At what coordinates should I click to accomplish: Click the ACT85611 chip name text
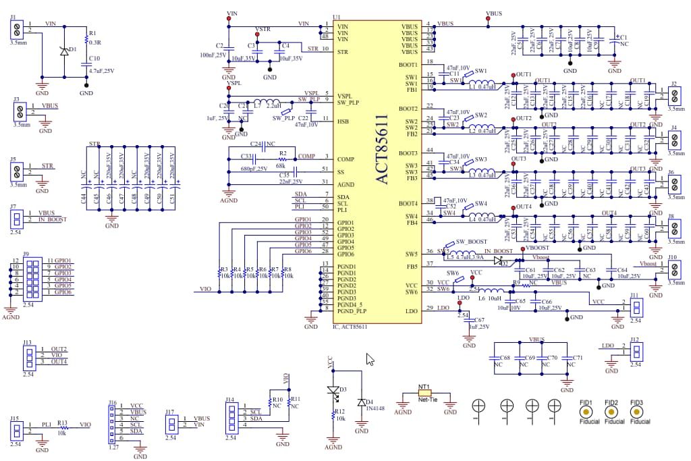(x=382, y=149)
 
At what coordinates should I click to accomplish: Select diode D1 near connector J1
(x=64, y=51)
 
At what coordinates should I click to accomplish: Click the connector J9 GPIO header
(x=30, y=277)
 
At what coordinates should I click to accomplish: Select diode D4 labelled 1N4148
(x=361, y=402)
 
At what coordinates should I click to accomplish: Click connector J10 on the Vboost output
(x=673, y=269)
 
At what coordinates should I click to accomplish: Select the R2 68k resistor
(x=283, y=159)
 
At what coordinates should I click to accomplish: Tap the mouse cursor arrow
(x=370, y=359)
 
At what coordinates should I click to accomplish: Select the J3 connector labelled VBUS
(x=18, y=110)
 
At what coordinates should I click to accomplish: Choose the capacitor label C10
(x=94, y=59)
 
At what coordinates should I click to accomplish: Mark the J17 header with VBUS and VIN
(x=171, y=423)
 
